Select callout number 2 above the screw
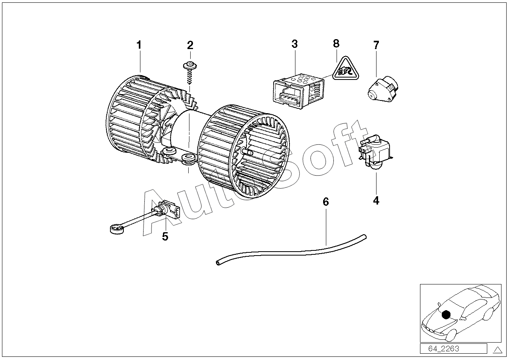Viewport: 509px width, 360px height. coord(190,45)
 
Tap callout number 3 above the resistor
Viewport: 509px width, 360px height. coord(295,44)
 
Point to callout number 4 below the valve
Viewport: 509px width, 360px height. coord(376,201)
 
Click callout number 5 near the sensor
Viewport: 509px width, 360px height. coord(165,237)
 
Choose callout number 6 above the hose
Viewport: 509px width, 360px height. coord(326,202)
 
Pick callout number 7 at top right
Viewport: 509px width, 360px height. coord(376,45)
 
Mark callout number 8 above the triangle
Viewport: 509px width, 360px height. coord(336,43)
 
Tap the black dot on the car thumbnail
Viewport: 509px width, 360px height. coord(446,315)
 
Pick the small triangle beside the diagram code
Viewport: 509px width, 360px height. coord(497,349)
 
